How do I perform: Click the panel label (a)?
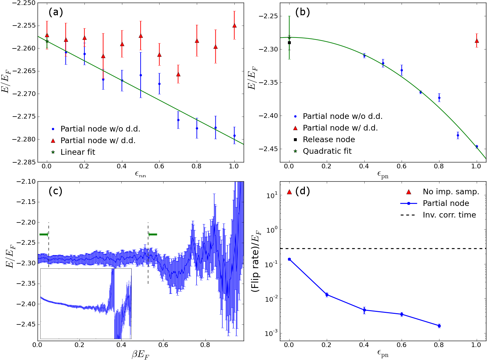tap(56, 12)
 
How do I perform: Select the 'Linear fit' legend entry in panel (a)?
tap(73, 152)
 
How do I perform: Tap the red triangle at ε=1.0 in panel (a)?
tap(234, 26)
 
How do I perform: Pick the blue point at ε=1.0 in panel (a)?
tap(234, 135)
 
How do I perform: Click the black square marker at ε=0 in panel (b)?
tap(289, 43)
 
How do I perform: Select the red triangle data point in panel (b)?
tap(476, 41)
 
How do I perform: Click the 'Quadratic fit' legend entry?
tap(322, 151)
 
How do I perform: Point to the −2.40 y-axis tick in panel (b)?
tap(267, 116)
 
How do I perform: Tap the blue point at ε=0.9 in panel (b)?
tap(458, 135)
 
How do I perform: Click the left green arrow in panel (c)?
tap(44, 234)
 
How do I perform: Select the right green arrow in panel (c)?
tap(153, 234)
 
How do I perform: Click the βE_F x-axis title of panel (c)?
tap(141, 354)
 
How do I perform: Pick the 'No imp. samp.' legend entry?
tap(442, 192)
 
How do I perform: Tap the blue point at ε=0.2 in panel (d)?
tap(327, 294)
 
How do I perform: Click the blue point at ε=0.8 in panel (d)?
tap(439, 326)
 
